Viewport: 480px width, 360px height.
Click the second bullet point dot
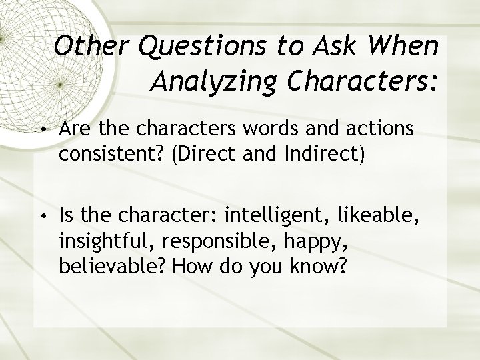click(42, 216)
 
